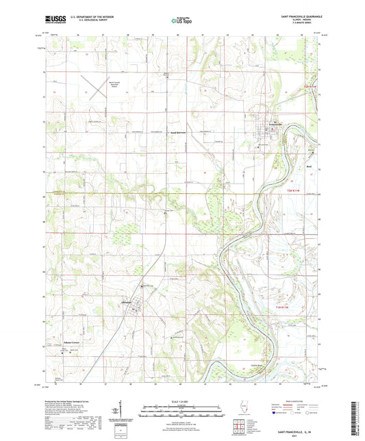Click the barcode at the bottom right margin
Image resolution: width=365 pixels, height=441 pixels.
click(x=359, y=417)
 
